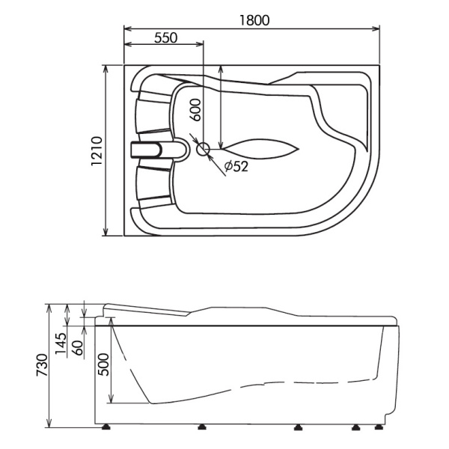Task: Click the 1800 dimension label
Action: coord(254,20)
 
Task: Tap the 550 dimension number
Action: coord(166,37)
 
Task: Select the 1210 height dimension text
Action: coord(97,151)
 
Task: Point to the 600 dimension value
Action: coord(195,110)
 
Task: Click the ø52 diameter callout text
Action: coord(236,166)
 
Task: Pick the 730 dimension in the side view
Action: coord(42,365)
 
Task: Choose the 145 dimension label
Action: coord(61,343)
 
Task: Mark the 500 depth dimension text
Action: coord(103,364)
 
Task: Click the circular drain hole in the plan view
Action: coord(203,149)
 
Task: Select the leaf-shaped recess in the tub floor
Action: coord(260,149)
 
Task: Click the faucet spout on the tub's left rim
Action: coord(146,150)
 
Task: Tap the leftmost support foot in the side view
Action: coord(107,427)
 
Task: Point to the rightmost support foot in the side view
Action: coord(379,427)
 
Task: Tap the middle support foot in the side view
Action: coord(299,427)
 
